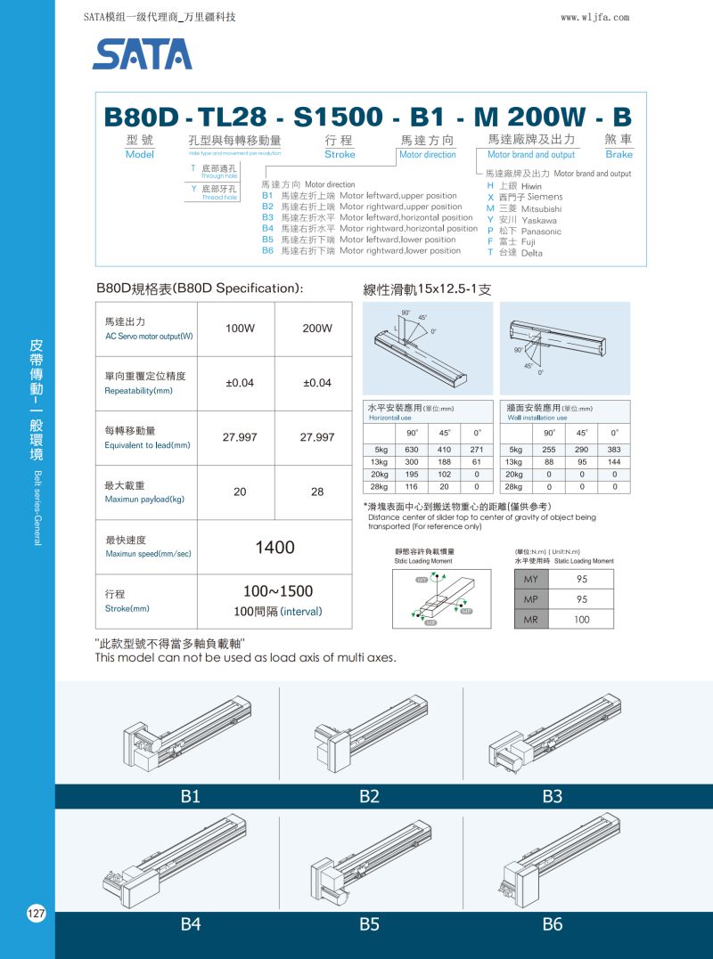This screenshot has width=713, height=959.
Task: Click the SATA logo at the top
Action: (x=142, y=53)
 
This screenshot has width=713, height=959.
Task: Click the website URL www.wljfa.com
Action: (x=595, y=17)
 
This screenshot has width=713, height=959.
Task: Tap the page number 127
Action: (x=37, y=914)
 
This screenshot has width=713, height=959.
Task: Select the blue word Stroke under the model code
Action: (x=340, y=155)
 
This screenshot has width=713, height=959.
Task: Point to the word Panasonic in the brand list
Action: (x=541, y=232)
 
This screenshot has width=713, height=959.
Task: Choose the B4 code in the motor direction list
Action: (x=267, y=229)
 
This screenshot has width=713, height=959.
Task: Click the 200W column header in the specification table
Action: (x=317, y=329)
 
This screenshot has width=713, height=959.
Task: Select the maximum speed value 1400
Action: (x=275, y=548)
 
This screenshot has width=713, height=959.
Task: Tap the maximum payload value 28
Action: (x=317, y=492)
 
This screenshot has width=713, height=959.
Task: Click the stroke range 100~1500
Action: (x=278, y=591)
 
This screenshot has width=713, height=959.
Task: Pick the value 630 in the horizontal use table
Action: (x=412, y=450)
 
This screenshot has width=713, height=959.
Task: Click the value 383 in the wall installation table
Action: (x=614, y=450)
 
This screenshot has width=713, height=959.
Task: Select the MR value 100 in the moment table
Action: (x=582, y=620)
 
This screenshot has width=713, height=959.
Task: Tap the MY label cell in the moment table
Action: (x=530, y=580)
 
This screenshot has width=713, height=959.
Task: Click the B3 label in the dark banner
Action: (x=553, y=797)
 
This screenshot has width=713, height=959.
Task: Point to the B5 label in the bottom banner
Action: (x=369, y=924)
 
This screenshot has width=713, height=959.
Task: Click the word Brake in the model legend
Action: (x=619, y=155)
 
